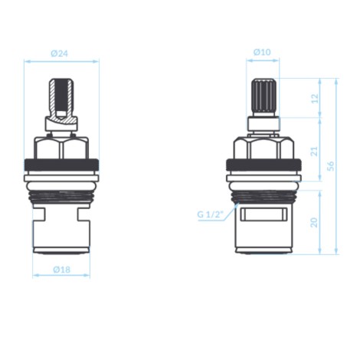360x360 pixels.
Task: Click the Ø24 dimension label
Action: click(59, 54)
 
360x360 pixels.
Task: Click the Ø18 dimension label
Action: click(61, 270)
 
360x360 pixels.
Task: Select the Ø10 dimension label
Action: click(262, 52)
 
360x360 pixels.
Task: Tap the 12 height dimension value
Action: click(316, 98)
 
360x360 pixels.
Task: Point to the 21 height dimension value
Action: click(315, 151)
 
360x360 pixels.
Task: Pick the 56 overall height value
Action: click(331, 166)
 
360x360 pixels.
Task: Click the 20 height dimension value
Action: click(314, 222)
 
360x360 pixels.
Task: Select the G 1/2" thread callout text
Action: click(211, 214)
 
